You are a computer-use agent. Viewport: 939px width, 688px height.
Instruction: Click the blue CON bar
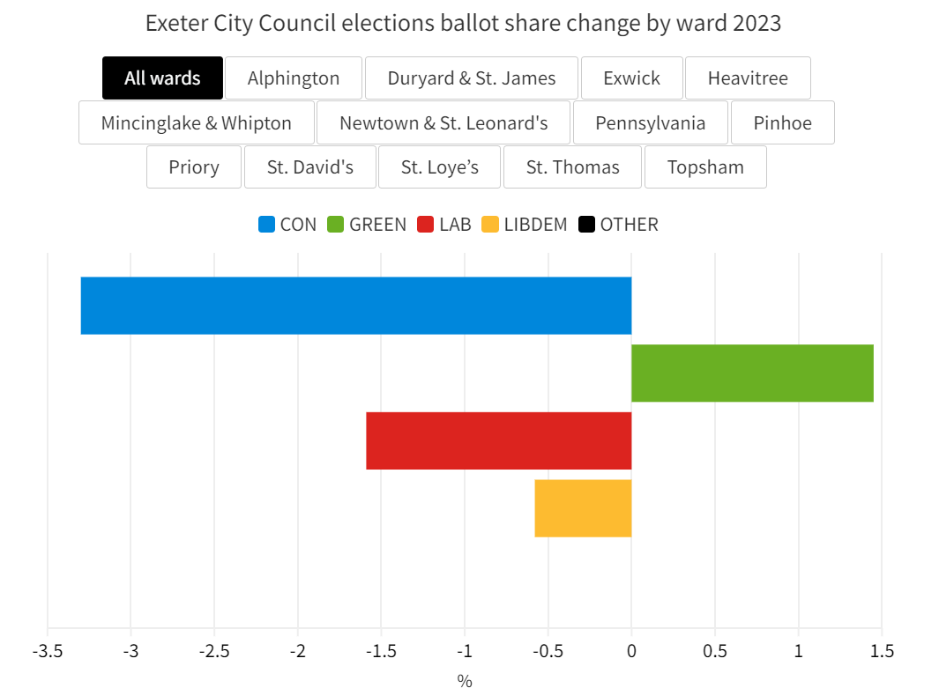356,306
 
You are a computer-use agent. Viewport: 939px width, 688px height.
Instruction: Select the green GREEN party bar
752,374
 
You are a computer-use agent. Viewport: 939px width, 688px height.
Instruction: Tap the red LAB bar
499,440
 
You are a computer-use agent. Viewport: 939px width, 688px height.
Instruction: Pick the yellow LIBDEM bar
583,508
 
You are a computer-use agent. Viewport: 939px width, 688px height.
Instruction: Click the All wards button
162,78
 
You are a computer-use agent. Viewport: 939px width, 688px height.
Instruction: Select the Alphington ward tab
294,78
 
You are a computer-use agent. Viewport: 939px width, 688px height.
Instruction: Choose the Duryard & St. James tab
472,78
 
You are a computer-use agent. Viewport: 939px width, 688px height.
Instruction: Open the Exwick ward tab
631,78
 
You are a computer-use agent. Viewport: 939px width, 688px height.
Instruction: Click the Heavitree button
748,78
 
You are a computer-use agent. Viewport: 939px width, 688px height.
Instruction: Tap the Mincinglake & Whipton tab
197,122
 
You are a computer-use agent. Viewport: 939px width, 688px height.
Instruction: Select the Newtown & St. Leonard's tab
443,122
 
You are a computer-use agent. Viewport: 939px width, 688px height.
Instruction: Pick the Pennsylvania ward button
651,122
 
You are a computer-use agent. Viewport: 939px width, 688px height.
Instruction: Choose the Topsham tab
705,167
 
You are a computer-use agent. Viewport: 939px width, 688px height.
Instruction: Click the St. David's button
310,167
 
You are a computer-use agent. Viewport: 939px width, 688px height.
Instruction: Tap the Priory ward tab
194,167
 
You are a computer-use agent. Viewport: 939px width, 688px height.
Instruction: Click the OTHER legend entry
619,225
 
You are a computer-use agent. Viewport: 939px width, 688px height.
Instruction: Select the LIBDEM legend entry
525,225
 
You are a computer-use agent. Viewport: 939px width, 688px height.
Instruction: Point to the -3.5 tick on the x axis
47,652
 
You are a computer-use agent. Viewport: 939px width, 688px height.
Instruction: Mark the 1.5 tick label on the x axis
881,652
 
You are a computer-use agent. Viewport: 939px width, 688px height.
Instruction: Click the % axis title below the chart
465,680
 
